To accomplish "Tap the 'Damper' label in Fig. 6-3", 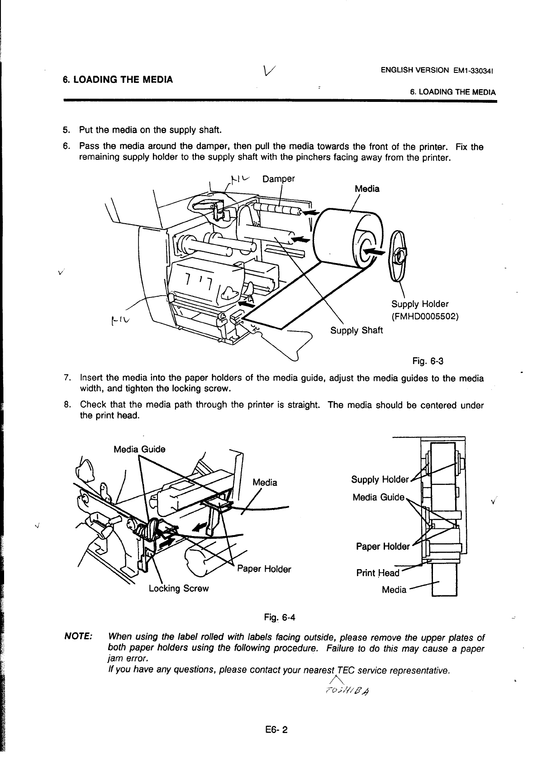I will pos(278,178).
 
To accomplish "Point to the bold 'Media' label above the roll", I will pos(367,189).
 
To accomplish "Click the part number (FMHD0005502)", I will pos(425,316).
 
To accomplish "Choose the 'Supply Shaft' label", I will pos(357,330).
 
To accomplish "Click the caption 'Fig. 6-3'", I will pos(428,361).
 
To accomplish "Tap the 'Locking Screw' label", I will pos(179,588).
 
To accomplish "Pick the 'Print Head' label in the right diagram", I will pos(377,573).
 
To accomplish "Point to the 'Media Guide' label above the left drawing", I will pos(139,449).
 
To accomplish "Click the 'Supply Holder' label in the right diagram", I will pos(380,479).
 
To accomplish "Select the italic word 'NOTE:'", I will pos(80,637).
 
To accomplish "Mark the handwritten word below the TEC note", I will pos(347,689).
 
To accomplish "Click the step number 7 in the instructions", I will pos(67,378).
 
